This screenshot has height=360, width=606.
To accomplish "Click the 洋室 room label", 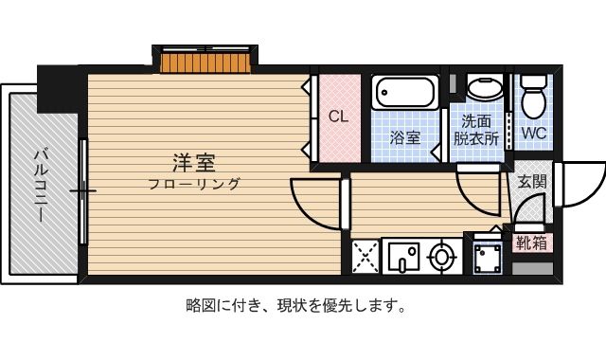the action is (x=193, y=163).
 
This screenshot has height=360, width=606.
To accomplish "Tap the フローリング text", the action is (x=194, y=184).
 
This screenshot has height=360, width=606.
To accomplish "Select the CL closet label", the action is (x=339, y=117).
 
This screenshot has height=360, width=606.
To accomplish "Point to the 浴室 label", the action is (x=404, y=137).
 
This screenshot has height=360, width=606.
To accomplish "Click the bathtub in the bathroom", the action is (x=405, y=93).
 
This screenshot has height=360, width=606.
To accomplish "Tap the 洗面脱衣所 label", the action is (x=476, y=130).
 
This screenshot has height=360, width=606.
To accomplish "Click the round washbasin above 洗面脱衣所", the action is (x=485, y=88).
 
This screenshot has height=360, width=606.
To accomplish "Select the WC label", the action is (x=534, y=133).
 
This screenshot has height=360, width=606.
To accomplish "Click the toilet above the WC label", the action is (x=533, y=97).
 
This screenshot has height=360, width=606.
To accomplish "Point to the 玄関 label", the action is (x=532, y=182).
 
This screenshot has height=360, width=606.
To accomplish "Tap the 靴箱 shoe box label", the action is (x=532, y=243).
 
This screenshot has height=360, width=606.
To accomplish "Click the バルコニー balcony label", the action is (x=41, y=186).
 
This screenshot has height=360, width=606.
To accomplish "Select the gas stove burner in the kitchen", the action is (x=441, y=257).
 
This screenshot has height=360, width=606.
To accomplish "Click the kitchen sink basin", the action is (x=404, y=257).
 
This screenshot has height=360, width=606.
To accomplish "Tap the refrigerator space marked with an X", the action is (x=365, y=256).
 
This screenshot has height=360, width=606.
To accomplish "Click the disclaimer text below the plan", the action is (x=295, y=306).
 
